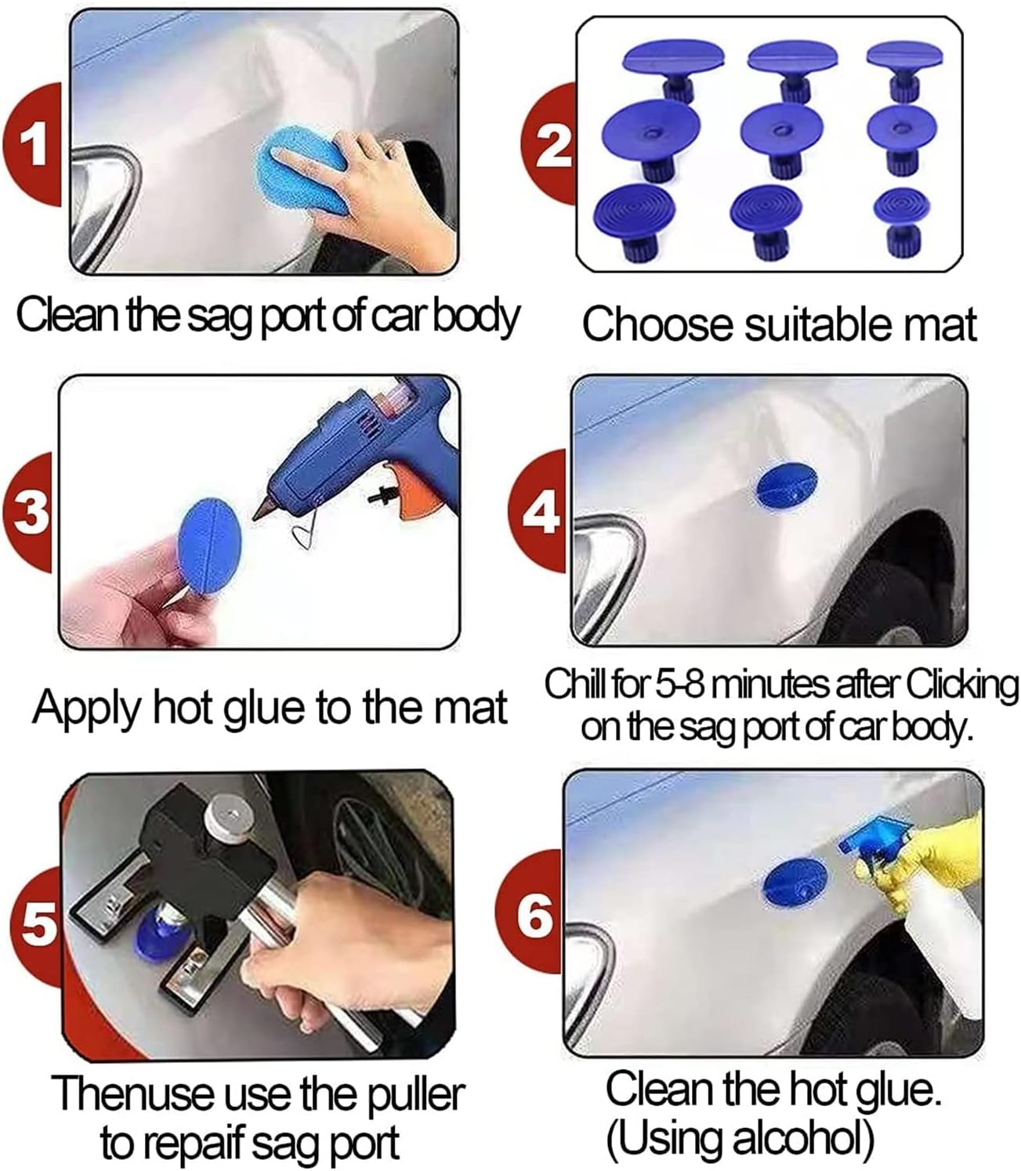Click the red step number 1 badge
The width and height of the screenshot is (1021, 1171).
click(x=33, y=146)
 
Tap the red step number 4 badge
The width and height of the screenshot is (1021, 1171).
click(x=541, y=514)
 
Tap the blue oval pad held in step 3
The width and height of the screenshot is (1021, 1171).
click(x=209, y=541)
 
